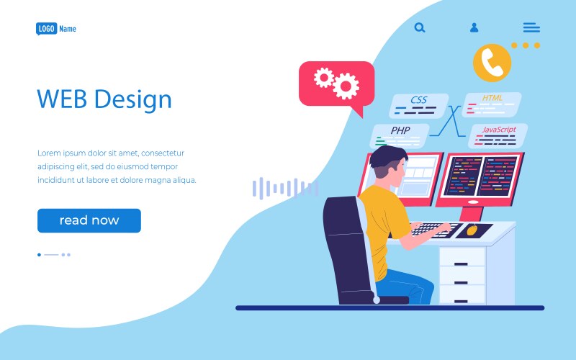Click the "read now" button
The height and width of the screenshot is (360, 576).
click(89, 220)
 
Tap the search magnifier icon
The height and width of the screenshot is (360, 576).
click(420, 27)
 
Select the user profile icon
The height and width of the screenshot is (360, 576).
click(474, 27)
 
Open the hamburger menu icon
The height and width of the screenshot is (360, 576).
click(531, 27)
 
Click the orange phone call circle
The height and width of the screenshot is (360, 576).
click(492, 62)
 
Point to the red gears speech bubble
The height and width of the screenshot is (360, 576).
click(336, 84)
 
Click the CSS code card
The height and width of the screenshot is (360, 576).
click(418, 106)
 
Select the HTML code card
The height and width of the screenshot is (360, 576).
click(492, 104)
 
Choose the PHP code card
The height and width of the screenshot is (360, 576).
click(400, 135)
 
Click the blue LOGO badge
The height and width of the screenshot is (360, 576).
click(46, 29)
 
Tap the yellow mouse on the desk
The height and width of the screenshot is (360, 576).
click(472, 230)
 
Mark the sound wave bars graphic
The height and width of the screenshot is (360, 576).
click(284, 189)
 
